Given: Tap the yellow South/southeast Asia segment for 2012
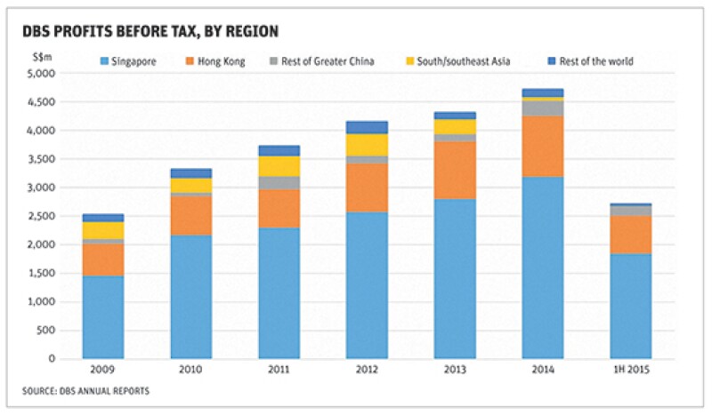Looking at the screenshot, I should point(366,145).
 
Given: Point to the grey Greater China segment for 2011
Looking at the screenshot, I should point(279,182).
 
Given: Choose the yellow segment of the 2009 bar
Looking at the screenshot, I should point(103,230).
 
